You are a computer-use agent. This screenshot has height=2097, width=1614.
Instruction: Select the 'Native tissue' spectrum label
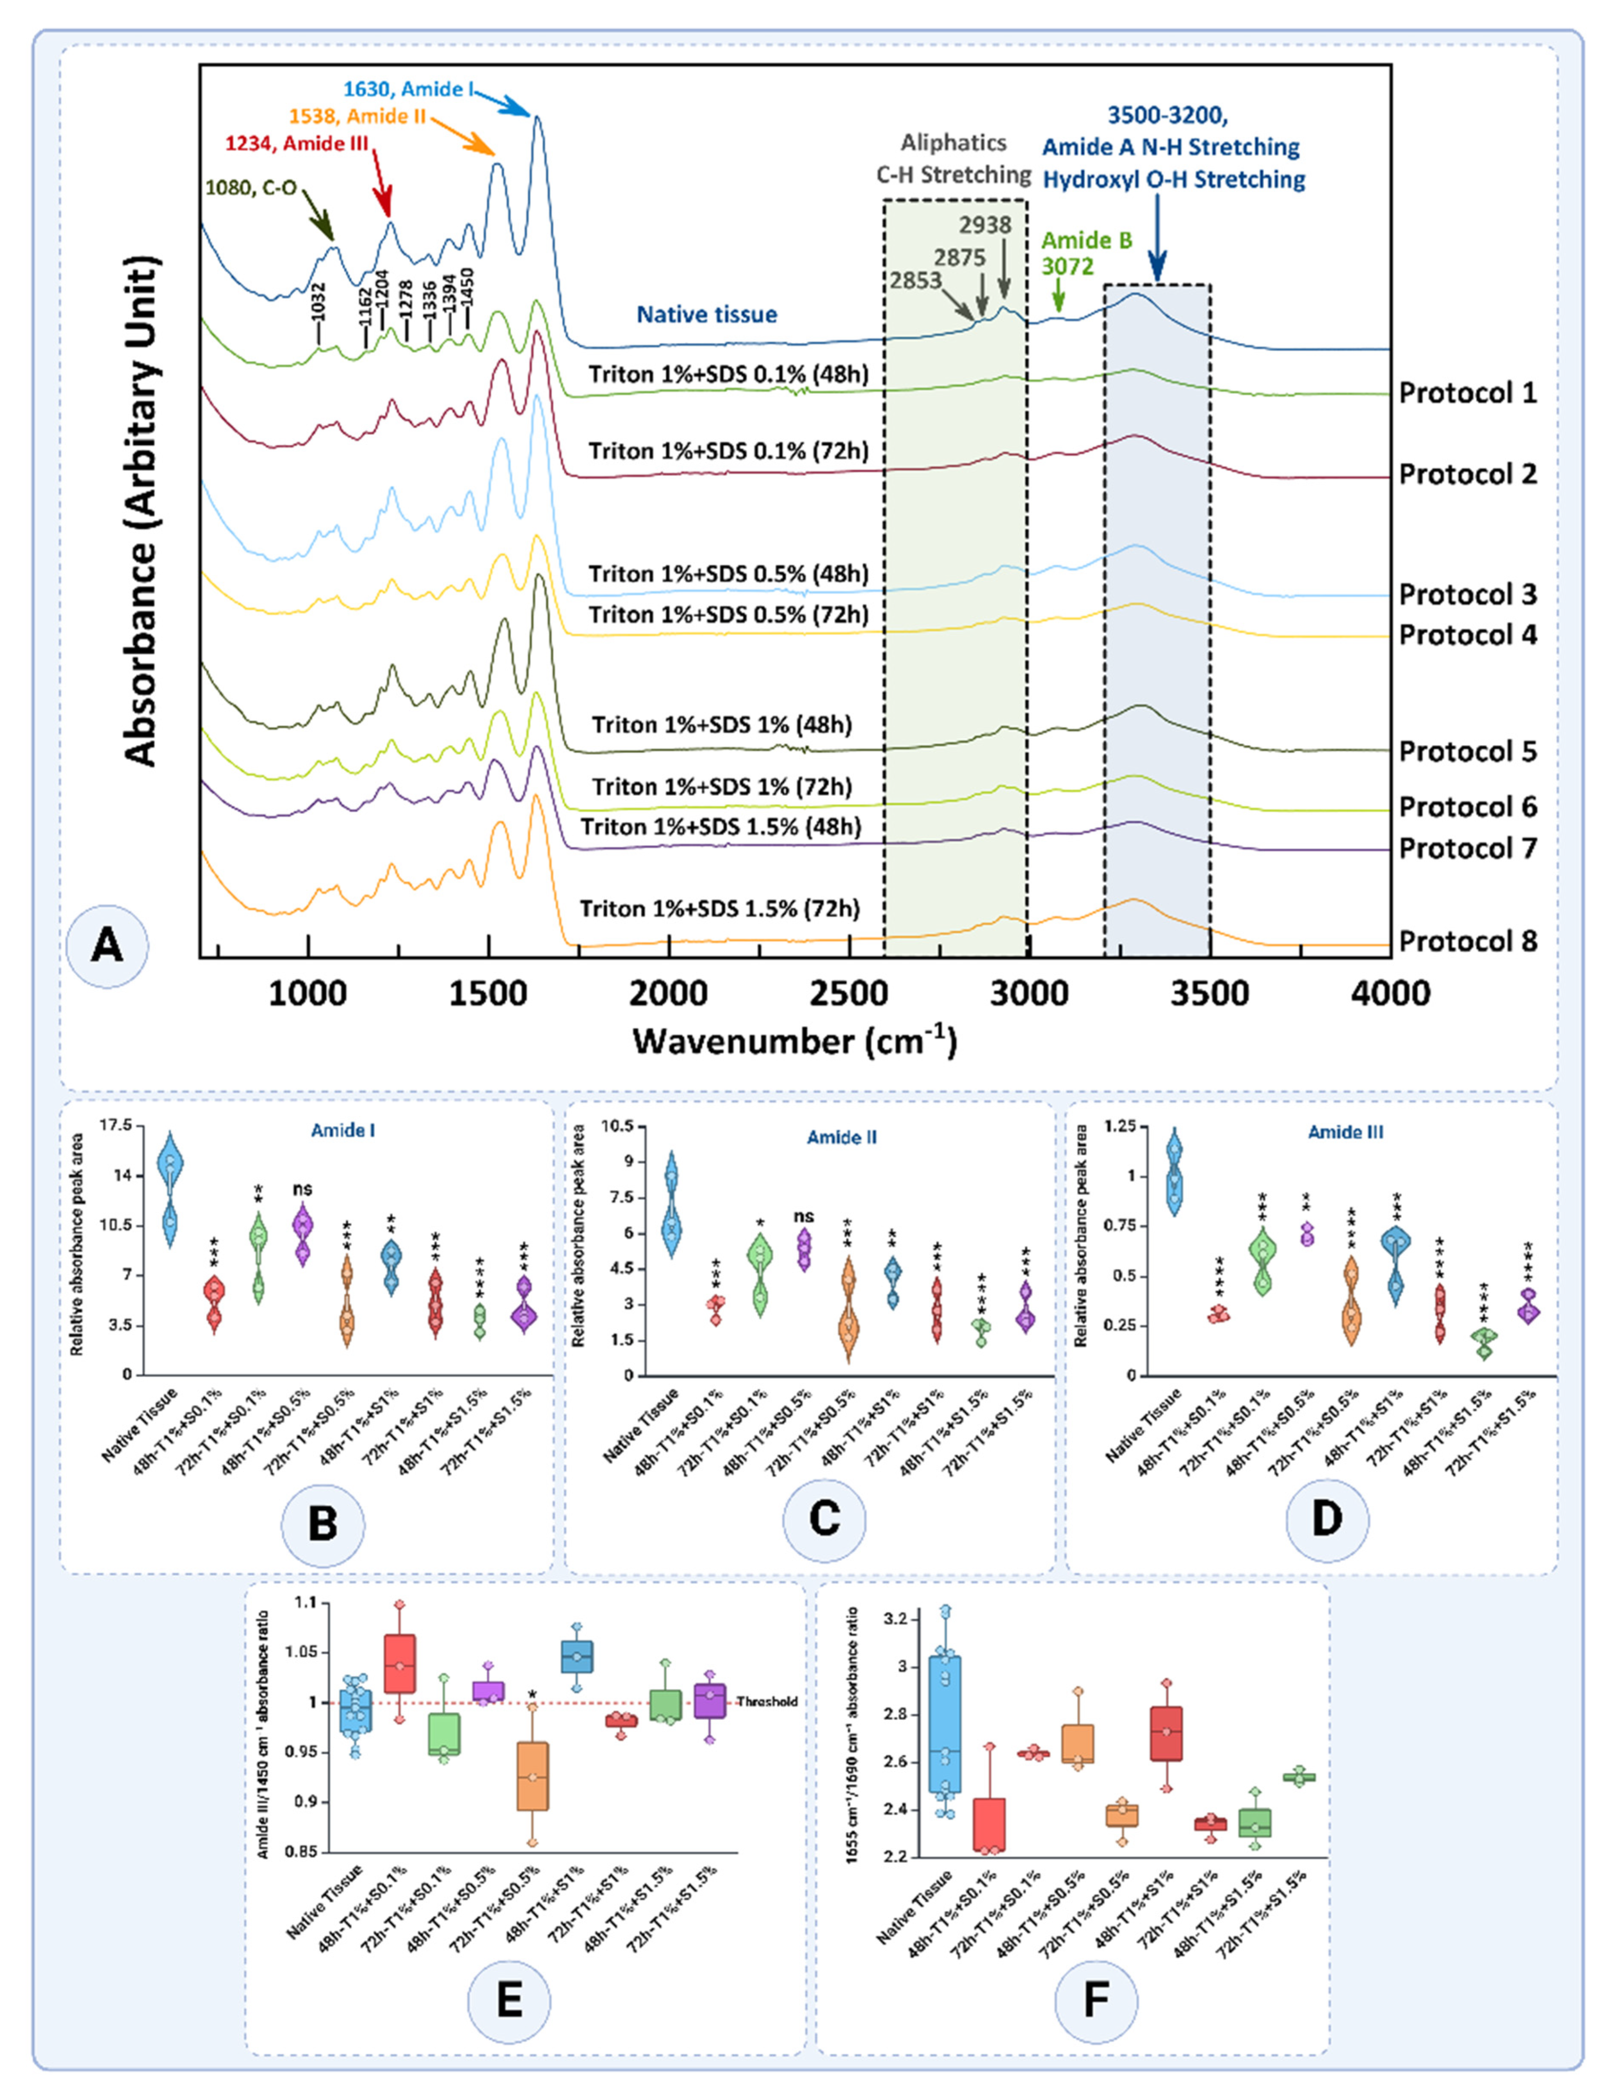coord(707,314)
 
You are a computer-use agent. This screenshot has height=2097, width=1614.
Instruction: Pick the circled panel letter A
coord(107,946)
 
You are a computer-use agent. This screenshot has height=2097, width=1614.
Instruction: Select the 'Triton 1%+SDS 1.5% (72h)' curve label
coord(719,908)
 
